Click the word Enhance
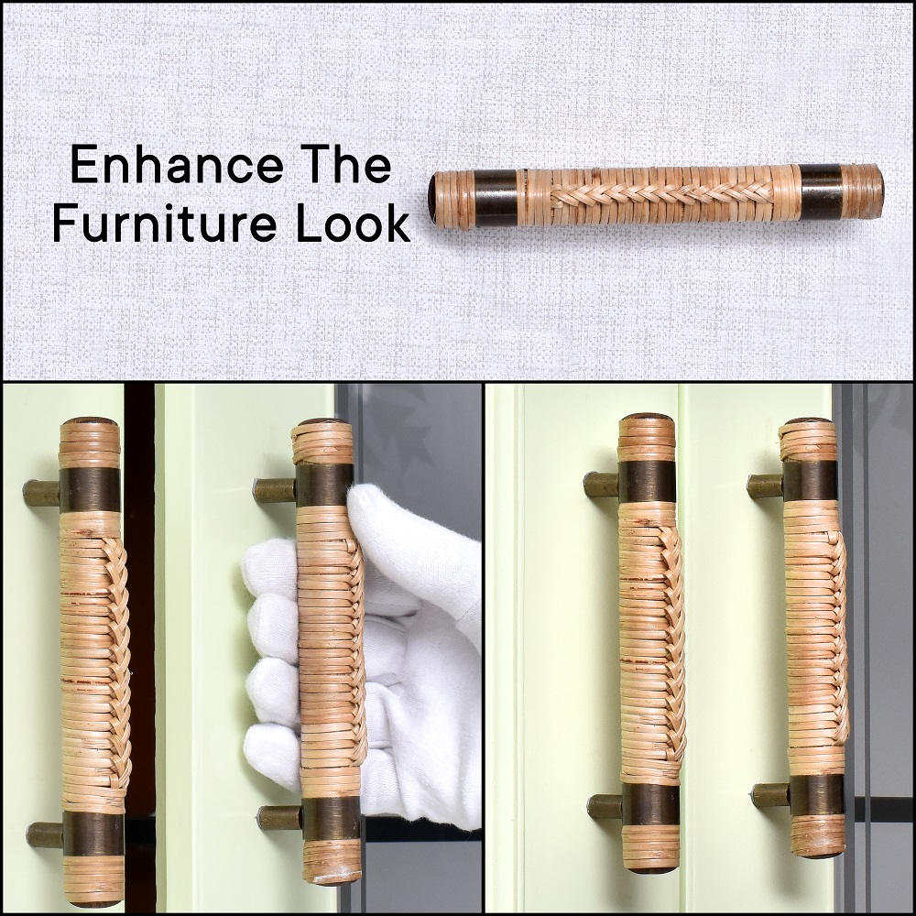coord(176,167)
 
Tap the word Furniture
coord(167,224)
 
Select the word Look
coord(353,224)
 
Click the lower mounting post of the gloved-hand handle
coord(281,818)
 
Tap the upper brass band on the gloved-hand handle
coord(325,485)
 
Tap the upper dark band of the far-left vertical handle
coord(90,489)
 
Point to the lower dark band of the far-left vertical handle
coord(93,834)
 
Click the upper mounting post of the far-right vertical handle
coord(767,486)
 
